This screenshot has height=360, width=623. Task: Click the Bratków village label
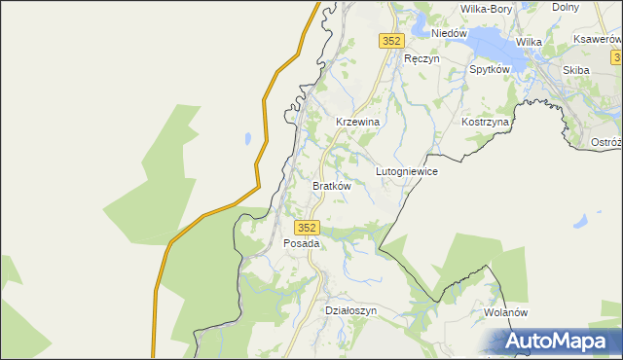331,185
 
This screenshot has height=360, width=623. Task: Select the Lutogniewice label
407,171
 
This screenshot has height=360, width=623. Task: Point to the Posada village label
301,243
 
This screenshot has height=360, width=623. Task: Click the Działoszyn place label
349,310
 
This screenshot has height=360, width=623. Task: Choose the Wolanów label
505,313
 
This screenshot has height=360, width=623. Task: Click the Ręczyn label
421,58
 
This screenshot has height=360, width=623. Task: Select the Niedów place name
450,33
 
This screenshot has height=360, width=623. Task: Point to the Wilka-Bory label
486,9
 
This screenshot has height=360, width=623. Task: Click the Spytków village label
491,70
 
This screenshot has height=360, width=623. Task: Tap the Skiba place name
576,70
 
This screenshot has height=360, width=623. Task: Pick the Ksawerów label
598,39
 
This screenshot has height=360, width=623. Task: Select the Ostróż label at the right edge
606,142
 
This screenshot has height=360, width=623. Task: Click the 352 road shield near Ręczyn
390,41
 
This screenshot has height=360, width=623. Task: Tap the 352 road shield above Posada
307,226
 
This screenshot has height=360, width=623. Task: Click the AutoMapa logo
556,342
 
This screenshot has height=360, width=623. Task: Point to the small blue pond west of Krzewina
250,137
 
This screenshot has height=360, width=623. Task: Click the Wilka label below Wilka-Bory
529,42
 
